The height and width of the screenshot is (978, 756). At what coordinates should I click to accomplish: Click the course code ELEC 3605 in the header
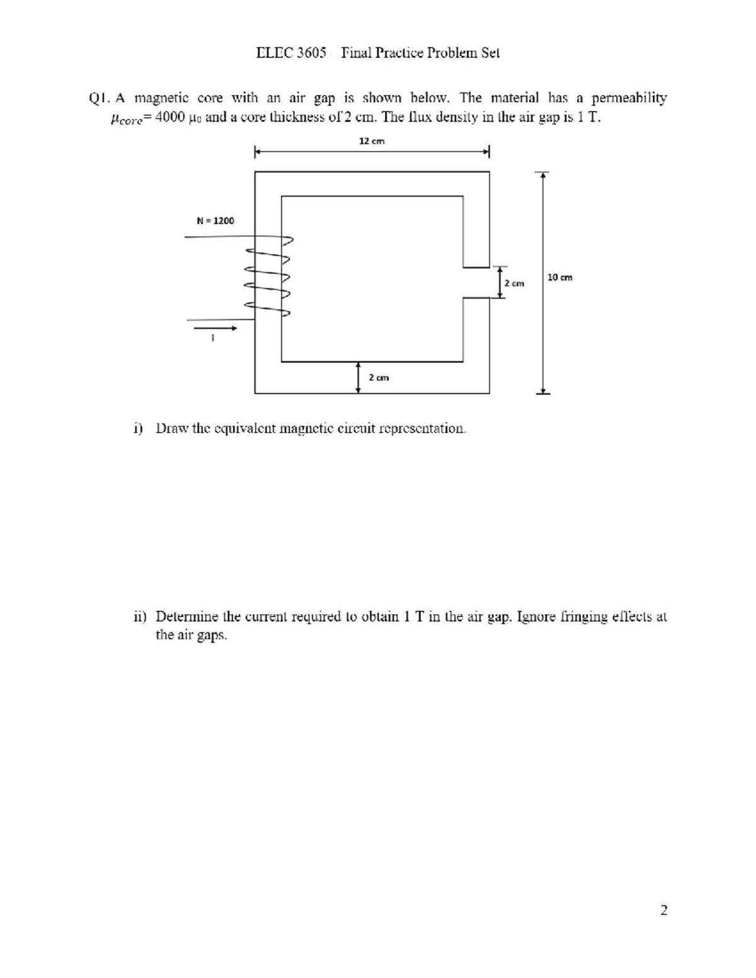292,53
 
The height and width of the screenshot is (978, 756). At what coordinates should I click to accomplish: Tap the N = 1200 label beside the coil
215,220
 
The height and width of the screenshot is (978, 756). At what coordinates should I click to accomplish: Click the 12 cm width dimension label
372,142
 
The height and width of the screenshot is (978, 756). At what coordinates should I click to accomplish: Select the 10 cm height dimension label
560,277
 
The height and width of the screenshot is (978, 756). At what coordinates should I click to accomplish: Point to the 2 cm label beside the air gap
515,283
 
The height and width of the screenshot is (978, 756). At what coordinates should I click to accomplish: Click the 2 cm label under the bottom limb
379,378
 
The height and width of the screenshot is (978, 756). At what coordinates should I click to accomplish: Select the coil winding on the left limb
269,275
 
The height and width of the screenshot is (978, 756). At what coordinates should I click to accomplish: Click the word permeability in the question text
630,98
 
